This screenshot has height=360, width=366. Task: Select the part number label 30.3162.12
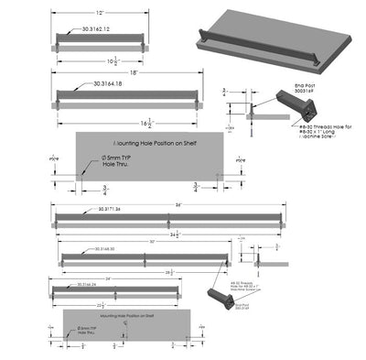coord(96,29)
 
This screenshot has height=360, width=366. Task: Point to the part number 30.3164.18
coord(110,85)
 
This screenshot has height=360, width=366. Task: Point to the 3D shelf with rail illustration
coord(274,37)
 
